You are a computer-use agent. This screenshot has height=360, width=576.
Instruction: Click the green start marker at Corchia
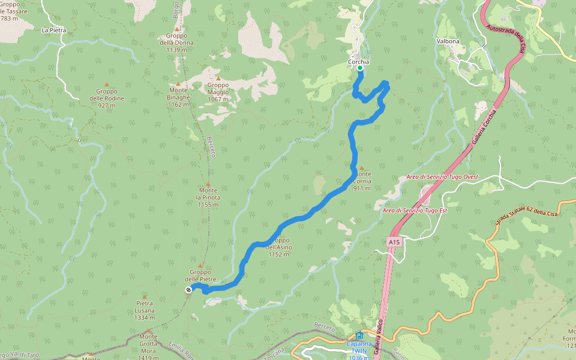(360, 68)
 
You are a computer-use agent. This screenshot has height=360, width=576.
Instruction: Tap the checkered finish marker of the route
(188, 290)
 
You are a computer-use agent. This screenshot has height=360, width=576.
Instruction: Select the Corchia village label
(359, 62)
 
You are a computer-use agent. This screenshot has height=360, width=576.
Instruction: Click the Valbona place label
(448, 41)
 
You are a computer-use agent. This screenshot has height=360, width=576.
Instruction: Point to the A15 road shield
(393, 242)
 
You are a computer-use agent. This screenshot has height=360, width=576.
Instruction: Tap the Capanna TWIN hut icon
(359, 335)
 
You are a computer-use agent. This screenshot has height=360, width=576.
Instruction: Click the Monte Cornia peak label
(362, 181)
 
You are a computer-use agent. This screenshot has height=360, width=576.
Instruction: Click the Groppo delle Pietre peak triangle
(200, 266)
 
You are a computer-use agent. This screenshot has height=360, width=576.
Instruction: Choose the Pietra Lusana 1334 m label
(145, 310)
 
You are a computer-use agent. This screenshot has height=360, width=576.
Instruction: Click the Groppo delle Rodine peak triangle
(107, 85)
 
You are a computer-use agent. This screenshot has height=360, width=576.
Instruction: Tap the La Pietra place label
(53, 29)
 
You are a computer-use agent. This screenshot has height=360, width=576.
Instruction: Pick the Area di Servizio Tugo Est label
(415, 211)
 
